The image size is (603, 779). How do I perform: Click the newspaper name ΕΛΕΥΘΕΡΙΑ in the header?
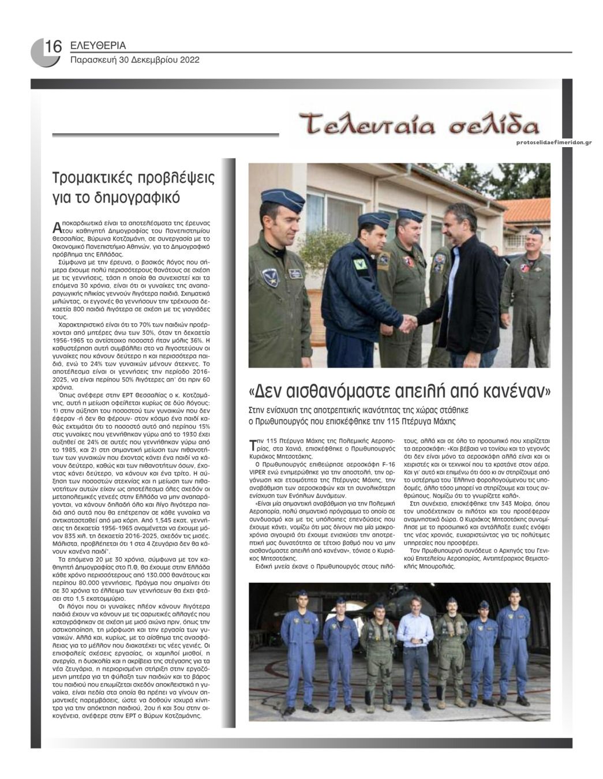coord(98,46)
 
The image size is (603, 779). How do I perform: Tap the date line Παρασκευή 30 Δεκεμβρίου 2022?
coord(134,59)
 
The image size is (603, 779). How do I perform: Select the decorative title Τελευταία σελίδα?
coord(420,125)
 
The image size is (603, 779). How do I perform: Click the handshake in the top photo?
coord(409,324)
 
